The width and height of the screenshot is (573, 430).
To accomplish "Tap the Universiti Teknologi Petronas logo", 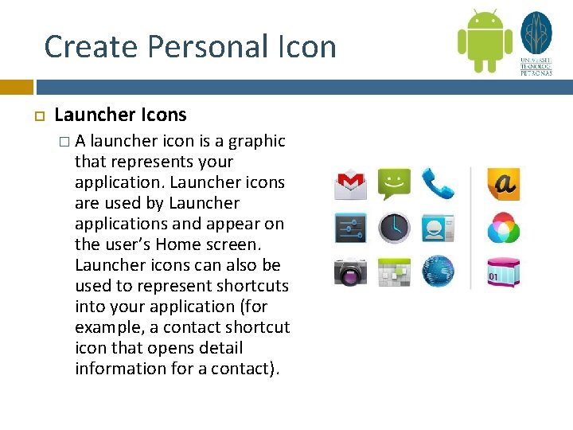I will pyautogui.click(x=536, y=41).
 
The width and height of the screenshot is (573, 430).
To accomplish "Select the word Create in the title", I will pyautogui.click(x=79, y=47).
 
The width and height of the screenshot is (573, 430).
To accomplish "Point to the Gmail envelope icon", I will pyautogui.click(x=350, y=185).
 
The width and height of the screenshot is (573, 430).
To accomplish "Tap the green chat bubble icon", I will pyautogui.click(x=393, y=184).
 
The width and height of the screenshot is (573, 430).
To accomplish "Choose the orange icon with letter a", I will pyautogui.click(x=503, y=184).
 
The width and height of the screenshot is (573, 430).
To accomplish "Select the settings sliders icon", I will pyautogui.click(x=350, y=228).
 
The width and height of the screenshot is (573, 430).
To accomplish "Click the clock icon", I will pyautogui.click(x=393, y=229).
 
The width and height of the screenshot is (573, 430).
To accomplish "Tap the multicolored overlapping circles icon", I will pyautogui.click(x=503, y=229).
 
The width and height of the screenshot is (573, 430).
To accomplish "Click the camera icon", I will pyautogui.click(x=350, y=272).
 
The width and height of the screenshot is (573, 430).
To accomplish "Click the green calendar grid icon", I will pyautogui.click(x=393, y=272).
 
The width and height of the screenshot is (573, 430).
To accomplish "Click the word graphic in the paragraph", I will pyautogui.click(x=256, y=142).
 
